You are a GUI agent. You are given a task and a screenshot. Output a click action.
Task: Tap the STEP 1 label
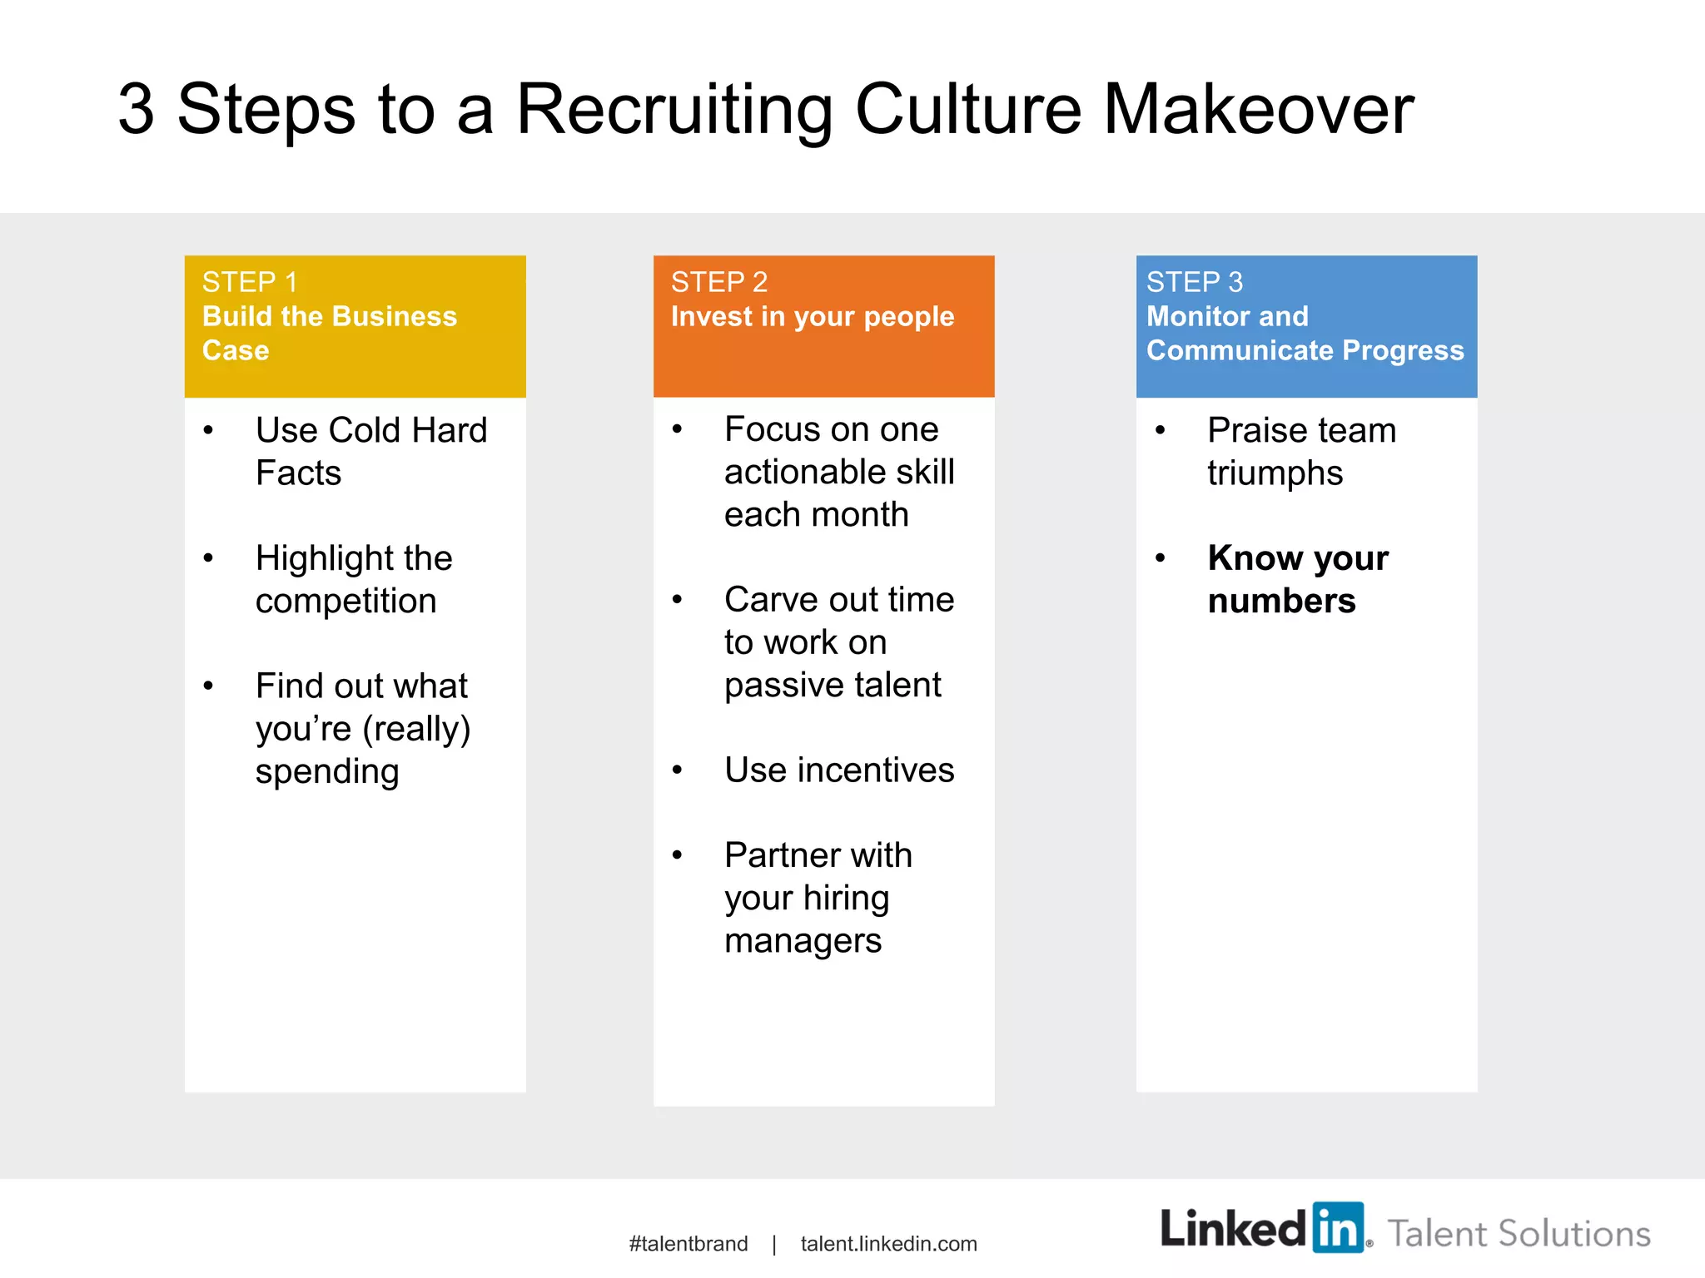coord(249,283)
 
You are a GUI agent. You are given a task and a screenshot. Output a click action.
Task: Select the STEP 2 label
coord(718,283)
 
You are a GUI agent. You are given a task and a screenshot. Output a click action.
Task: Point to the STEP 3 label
coord(1194,283)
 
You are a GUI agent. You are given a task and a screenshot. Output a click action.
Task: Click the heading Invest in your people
coord(812,317)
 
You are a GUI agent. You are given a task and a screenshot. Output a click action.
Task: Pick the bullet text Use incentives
coord(838,770)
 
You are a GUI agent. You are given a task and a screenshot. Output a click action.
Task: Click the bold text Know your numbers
coord(1297,579)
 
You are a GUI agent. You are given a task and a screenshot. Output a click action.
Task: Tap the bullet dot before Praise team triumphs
coord(1160,430)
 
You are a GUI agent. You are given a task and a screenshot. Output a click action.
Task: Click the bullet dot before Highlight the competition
coord(208,557)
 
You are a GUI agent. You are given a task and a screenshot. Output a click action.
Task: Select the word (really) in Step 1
coord(416,730)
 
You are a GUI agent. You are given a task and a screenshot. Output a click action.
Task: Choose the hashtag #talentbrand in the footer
coord(688,1244)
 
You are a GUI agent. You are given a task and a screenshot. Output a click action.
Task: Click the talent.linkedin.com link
coord(888,1244)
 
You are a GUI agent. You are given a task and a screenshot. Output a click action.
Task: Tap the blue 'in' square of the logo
coord(1338,1227)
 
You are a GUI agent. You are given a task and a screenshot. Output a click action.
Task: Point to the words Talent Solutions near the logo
coord(1518,1233)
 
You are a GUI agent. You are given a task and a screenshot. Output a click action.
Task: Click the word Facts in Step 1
coord(298,473)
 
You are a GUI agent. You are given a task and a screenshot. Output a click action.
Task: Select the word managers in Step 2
coord(803,941)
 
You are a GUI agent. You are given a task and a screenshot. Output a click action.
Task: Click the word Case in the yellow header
coord(236,350)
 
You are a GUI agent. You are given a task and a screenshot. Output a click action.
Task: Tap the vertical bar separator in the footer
coord(774,1244)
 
